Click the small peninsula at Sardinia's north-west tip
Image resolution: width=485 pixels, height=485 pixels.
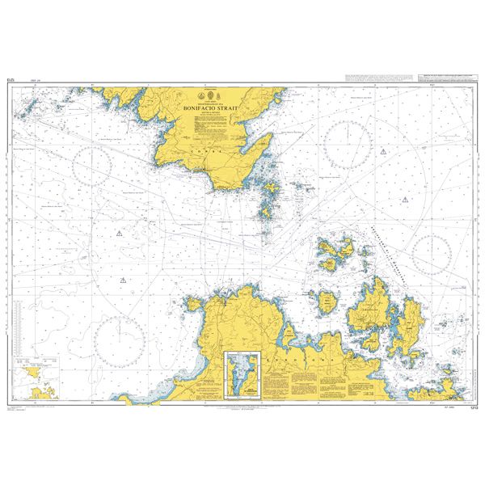[x=194, y=302]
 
